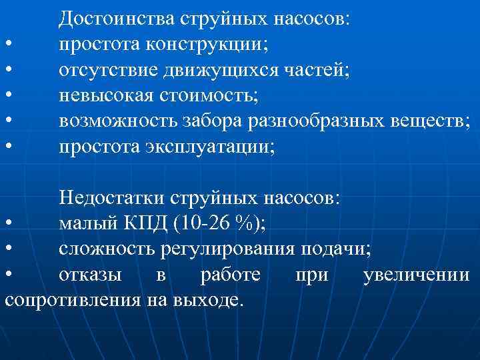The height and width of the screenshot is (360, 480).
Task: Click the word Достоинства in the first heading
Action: (117, 18)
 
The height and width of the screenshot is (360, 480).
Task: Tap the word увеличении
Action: (416, 275)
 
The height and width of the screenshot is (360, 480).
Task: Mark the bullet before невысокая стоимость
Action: (8, 95)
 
